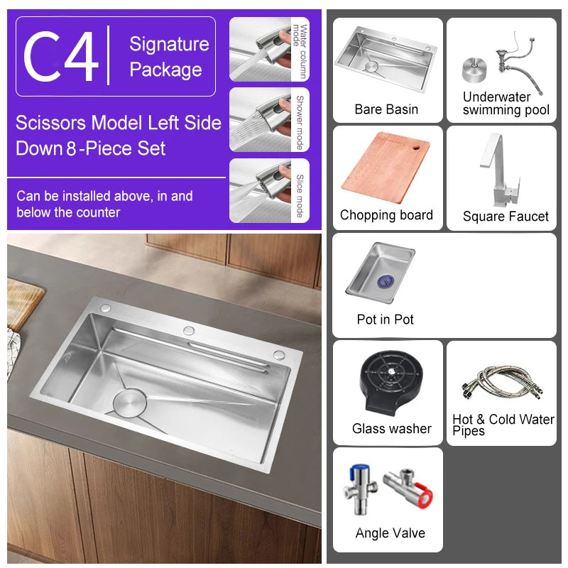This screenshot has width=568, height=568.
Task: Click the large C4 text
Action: click(x=61, y=56)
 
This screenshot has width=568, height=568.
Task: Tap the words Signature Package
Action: click(x=169, y=57)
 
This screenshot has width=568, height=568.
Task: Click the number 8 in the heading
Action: click(x=70, y=149)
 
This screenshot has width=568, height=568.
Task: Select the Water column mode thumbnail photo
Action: click(x=261, y=49)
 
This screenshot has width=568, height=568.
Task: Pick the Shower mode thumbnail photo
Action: click(x=261, y=119)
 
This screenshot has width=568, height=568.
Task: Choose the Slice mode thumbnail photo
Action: click(x=261, y=190)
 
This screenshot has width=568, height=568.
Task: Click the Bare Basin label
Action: click(x=386, y=109)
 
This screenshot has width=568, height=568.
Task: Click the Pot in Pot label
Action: click(x=385, y=319)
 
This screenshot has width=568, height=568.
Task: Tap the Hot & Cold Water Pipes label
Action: click(x=503, y=425)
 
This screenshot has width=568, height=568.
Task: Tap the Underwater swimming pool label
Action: click(x=506, y=104)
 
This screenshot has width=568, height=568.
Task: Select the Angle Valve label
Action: click(x=390, y=533)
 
